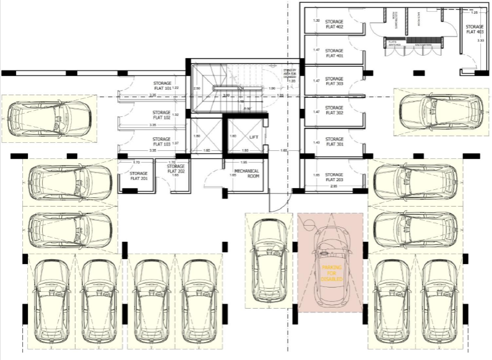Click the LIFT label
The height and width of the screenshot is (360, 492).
tap(254, 136)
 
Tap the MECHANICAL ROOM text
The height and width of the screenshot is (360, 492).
tap(246, 173)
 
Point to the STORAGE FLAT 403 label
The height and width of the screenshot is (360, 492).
tap(474, 30)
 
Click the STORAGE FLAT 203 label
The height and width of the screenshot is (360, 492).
tap(334, 178)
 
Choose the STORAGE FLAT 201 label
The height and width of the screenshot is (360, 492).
tap(139, 176)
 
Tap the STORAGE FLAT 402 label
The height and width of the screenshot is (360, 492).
tap(334, 24)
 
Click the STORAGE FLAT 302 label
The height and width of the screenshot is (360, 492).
tap(334, 110)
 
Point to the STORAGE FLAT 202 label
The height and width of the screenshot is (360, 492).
tap(176, 169)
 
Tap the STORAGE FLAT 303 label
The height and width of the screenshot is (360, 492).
tap(334, 82)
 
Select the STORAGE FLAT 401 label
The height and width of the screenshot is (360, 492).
tap(334, 53)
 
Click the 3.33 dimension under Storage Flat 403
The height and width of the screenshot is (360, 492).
tap(481, 40)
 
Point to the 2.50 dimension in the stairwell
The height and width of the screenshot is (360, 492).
tap(196, 89)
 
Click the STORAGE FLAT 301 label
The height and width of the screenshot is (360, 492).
tap(334, 142)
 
